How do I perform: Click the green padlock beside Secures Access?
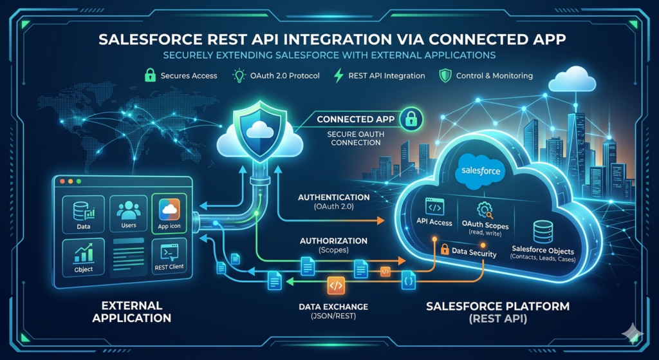tap(149, 75)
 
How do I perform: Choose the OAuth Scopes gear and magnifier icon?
tap(484, 209)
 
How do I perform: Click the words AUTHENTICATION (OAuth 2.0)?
tap(334, 202)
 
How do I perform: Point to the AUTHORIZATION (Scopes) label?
tap(333, 245)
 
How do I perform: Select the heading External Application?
tap(132, 311)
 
